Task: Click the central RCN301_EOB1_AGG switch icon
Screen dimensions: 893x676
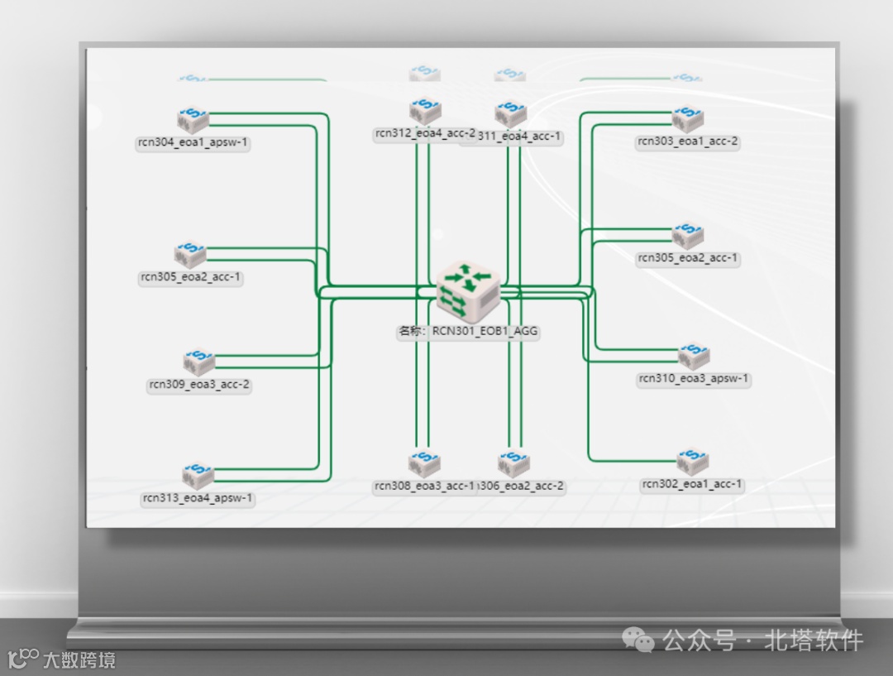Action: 468,285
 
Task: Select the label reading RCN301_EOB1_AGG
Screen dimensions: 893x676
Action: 468,331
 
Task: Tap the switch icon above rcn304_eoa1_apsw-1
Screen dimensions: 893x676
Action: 193,121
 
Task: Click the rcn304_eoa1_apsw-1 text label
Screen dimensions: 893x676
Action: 193,142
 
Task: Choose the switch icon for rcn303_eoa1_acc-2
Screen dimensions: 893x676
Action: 687,120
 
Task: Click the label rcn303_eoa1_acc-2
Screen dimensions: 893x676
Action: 687,141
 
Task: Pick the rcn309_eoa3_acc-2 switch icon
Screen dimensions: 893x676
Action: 198,362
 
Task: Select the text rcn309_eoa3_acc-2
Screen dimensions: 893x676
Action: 198,385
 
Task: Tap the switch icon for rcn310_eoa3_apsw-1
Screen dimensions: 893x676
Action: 694,357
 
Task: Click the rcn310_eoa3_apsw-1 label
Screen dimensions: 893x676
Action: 694,379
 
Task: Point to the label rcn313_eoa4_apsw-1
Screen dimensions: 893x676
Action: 198,498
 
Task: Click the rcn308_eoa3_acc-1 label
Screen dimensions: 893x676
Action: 424,486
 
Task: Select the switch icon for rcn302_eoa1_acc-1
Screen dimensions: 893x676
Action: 692,463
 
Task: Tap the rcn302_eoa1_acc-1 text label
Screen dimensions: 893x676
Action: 692,484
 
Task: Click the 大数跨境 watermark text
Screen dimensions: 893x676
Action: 79,660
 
